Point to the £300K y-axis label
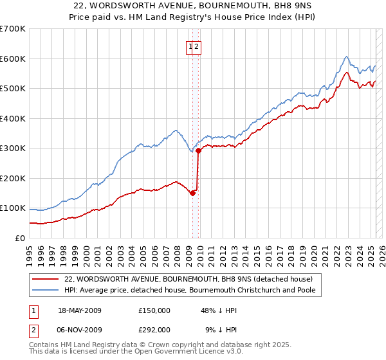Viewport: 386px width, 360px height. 13,148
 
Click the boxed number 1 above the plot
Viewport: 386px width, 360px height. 191,46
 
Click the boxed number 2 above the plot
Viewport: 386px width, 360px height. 198,46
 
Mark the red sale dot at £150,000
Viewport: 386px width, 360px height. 192,193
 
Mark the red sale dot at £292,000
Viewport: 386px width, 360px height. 198,151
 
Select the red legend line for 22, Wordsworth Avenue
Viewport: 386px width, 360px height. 45,279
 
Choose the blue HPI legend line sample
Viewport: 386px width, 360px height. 45,290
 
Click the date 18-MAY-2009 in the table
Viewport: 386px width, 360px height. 80,310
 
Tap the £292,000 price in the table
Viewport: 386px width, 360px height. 154,329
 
